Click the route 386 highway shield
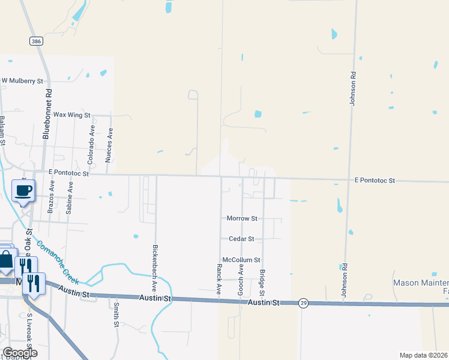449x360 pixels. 35,40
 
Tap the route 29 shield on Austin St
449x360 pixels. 304,303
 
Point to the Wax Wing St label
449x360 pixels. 71,115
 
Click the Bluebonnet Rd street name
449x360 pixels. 47,115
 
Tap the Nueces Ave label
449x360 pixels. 109,146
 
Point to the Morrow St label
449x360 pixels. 241,218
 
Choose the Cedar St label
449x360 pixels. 241,239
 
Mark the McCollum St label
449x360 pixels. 241,260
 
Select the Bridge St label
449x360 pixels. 262,283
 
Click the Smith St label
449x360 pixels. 116,315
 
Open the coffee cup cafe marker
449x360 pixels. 23,192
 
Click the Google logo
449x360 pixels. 20,353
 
